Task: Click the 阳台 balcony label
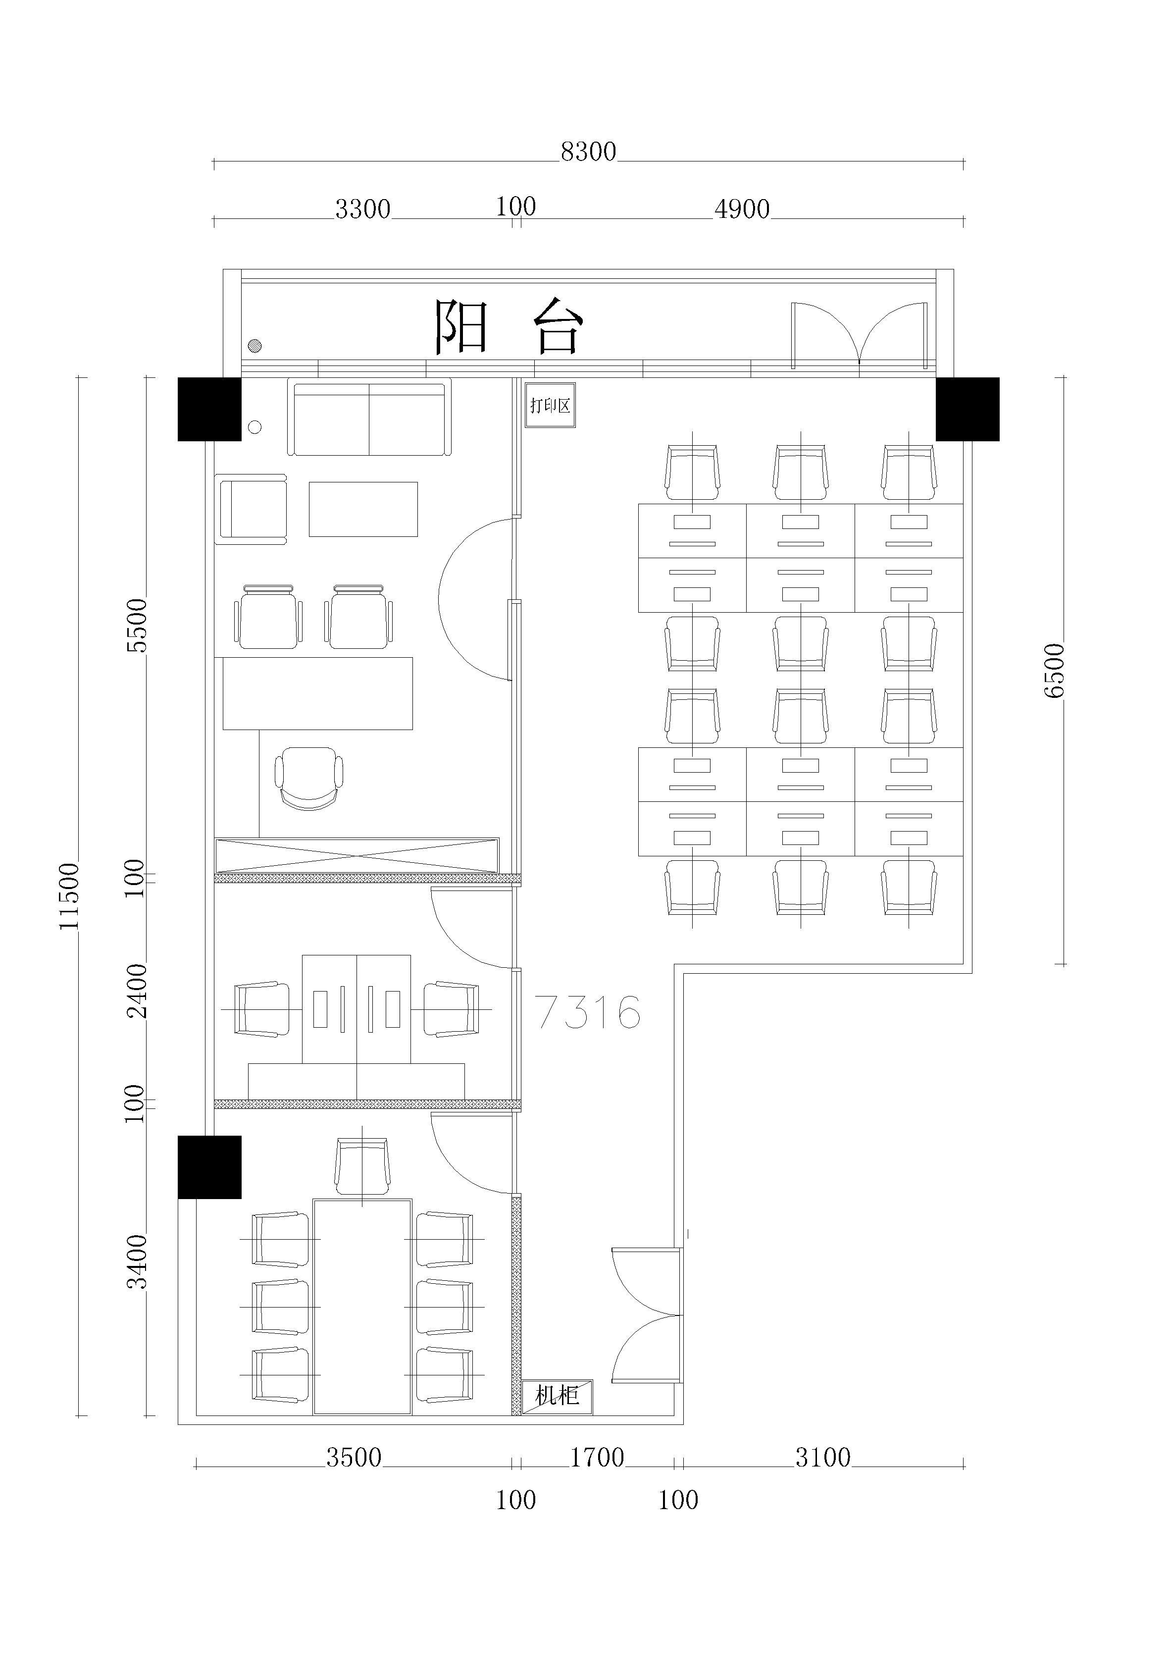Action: [509, 326]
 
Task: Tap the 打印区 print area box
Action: [550, 405]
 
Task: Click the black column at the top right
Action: [967, 410]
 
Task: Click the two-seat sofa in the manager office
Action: [369, 417]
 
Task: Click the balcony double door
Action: [859, 335]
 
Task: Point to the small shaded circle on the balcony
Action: [254, 346]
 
